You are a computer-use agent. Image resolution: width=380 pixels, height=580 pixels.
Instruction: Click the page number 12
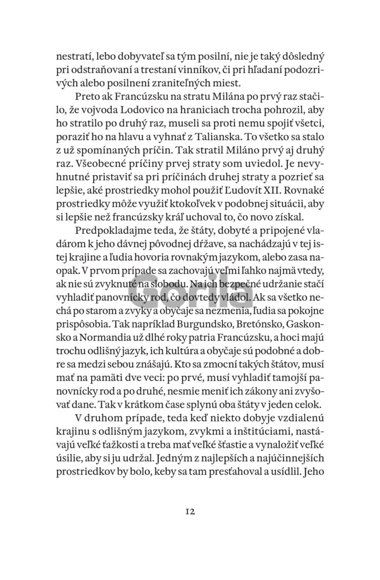pyautogui.click(x=189, y=511)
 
